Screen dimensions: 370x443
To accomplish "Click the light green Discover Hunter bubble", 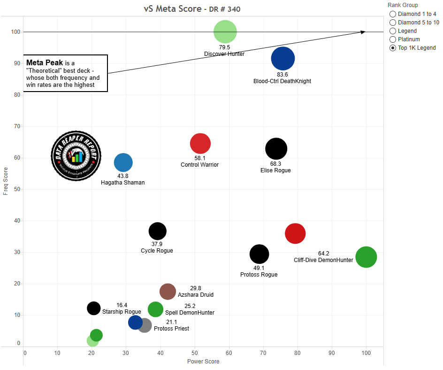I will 225,32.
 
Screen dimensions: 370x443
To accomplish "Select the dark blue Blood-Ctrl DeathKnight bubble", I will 283,59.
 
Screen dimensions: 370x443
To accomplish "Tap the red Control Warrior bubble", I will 200,144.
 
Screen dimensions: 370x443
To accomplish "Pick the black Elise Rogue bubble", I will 276,149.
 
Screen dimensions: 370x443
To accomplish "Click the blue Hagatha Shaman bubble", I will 123,162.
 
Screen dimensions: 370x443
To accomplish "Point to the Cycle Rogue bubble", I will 157,231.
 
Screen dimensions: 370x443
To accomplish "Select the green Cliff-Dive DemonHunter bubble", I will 366,257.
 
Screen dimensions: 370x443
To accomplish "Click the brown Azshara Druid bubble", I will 168,292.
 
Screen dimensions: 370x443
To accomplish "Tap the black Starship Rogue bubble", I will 94,308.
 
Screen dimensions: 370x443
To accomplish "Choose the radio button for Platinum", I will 393,39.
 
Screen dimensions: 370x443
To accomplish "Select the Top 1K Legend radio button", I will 393,48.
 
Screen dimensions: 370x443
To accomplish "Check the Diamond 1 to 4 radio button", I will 393,14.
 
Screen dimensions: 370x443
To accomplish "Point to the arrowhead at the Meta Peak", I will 363,32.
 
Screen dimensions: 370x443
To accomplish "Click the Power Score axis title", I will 203,362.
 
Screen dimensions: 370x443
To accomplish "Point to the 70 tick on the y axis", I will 17,126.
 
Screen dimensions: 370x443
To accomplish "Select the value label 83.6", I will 283,74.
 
